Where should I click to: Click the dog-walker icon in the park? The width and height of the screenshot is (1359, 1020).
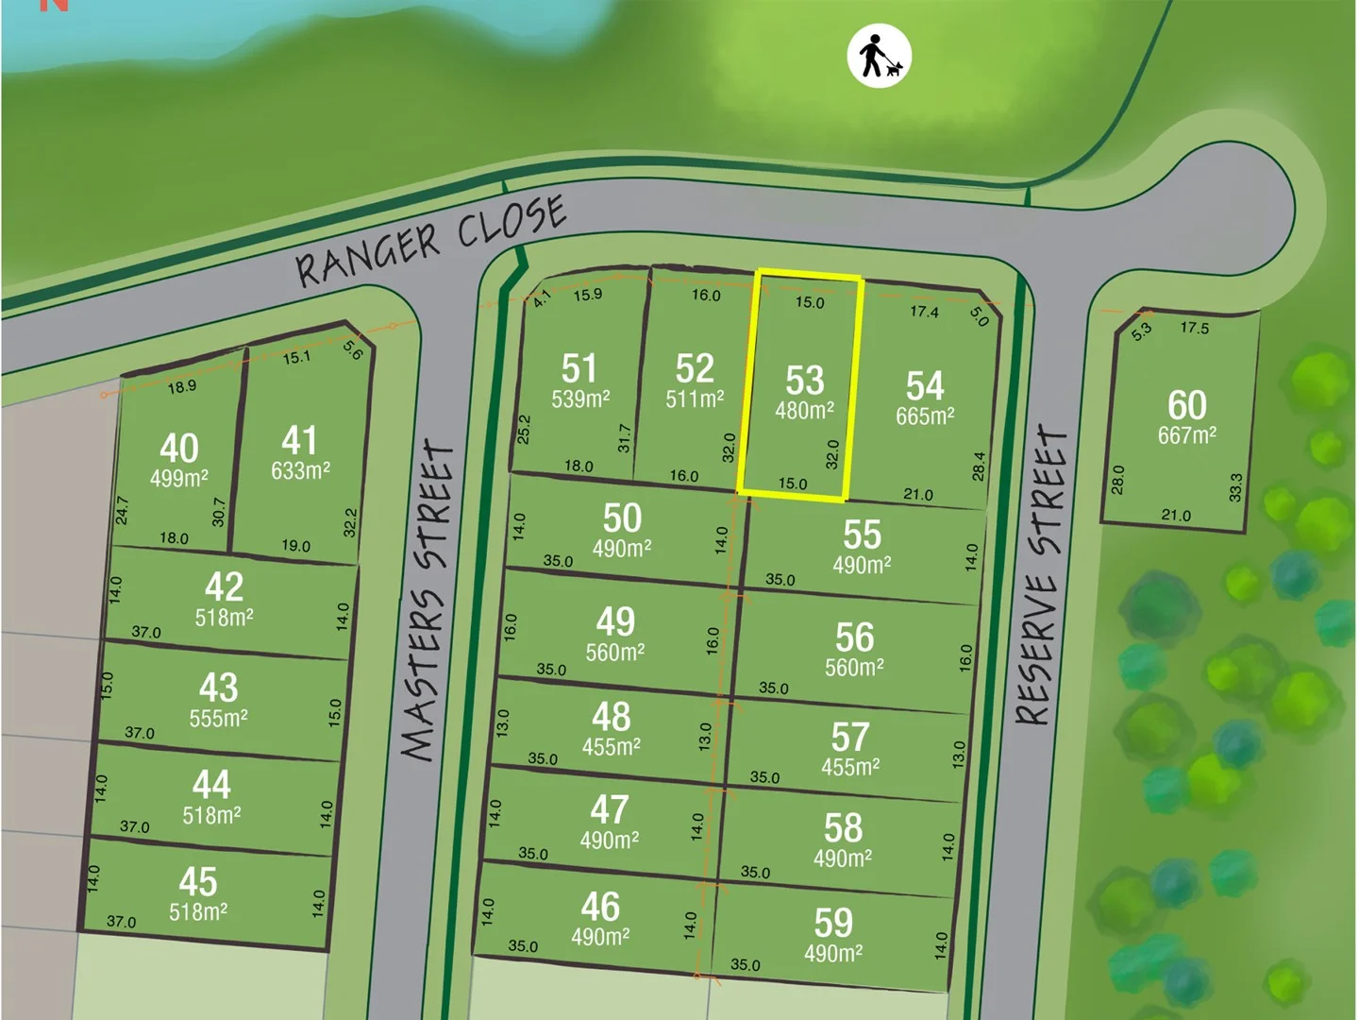[x=879, y=56]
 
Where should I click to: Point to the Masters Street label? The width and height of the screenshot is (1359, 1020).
[x=428, y=601]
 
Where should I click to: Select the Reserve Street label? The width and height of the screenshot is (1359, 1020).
[x=1042, y=576]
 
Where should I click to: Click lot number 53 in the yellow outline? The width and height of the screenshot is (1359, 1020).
[x=805, y=381]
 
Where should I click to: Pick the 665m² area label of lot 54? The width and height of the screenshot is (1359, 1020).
[x=925, y=416]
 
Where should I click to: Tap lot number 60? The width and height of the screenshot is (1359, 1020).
[x=1186, y=405]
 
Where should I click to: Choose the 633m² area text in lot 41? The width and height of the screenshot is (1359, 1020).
[x=300, y=470]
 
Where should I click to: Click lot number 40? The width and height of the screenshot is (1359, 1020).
[x=178, y=448]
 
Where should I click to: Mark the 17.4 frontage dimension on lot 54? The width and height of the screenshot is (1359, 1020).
[x=924, y=311]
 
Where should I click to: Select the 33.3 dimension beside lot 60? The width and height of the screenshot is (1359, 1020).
[x=1236, y=486]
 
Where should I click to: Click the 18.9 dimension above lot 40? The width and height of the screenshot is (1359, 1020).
[x=181, y=386]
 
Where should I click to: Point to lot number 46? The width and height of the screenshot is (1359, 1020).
[x=600, y=907]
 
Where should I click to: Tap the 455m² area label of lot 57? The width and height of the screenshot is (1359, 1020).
[x=850, y=767]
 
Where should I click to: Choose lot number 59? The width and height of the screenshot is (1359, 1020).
[x=833, y=923]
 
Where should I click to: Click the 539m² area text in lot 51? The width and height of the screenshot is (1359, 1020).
[x=580, y=399]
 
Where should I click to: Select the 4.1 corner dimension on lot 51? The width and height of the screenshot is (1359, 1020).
[x=542, y=298]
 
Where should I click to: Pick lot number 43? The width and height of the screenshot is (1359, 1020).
[x=218, y=688]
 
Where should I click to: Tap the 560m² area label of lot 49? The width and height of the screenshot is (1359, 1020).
[x=614, y=653]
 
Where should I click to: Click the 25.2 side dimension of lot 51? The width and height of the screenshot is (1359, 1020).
[x=524, y=429]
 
